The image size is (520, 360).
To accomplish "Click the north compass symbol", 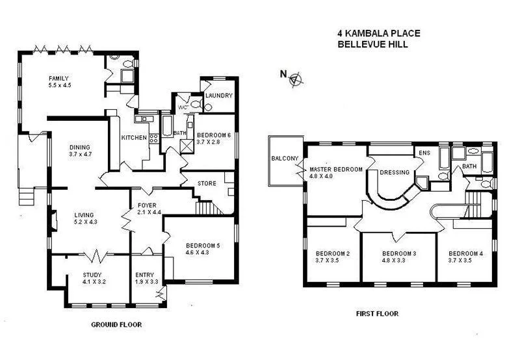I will point(296,79).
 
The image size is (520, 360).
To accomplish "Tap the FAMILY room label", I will point(58,79).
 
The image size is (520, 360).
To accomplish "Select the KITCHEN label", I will point(134,138).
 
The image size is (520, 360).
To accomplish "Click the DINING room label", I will point(80,147).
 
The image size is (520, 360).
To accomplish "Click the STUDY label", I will point(93,274).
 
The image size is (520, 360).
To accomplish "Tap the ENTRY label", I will point(144,274).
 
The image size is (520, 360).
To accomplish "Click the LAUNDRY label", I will point(218,96).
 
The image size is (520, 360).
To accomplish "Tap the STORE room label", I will point(207,184).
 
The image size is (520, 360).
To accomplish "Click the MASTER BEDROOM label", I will point(335,170).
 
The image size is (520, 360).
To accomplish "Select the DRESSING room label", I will point(395,173).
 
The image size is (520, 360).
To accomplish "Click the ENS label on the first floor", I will point(425,153).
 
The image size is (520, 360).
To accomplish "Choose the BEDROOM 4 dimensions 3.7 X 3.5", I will point(465,261).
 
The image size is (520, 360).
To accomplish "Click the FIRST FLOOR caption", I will point(377,314).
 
